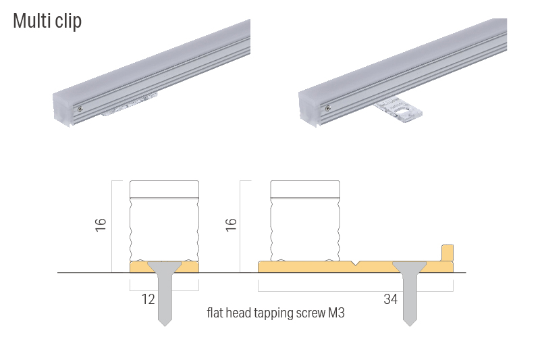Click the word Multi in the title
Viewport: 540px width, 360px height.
[x=30, y=21]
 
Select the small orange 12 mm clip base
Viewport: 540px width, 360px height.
[x=138, y=268]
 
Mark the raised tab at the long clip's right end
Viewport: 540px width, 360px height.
[x=447, y=252]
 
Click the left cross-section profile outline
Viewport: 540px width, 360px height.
[x=164, y=220]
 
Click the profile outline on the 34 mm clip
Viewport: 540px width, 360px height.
[x=304, y=220]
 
